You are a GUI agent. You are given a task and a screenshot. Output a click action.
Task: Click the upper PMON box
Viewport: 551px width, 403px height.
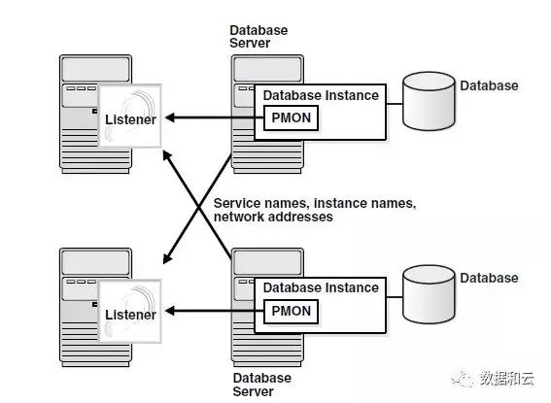tap(291, 118)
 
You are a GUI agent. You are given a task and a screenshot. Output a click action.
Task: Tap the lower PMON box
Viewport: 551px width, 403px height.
tap(291, 312)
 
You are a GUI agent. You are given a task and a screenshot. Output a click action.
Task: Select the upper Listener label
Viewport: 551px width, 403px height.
tap(130, 119)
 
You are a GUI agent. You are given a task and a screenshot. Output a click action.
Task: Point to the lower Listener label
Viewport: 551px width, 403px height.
tap(130, 315)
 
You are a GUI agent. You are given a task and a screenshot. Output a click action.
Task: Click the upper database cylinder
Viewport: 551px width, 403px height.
tap(429, 101)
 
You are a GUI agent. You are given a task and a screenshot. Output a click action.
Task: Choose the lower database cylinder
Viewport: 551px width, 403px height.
tap(429, 294)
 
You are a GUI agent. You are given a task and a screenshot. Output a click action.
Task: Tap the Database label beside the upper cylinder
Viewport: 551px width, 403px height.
tap(489, 85)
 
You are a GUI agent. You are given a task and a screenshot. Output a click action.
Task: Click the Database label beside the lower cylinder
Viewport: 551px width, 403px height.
tap(489, 278)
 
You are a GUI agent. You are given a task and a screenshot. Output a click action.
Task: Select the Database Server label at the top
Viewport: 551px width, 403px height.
tap(258, 37)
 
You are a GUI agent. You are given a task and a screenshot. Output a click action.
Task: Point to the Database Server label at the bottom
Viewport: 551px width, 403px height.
tap(262, 385)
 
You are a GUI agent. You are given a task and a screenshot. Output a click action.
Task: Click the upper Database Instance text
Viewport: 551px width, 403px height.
tap(321, 95)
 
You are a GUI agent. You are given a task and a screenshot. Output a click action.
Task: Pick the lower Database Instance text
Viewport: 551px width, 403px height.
tap(321, 287)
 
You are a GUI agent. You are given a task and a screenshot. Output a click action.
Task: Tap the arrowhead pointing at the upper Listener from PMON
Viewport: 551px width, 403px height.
tap(170, 118)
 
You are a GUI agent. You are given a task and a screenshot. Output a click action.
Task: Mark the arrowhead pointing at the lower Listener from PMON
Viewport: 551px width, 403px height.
tap(170, 311)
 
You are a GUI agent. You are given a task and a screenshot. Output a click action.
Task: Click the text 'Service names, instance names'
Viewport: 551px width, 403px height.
tap(315, 204)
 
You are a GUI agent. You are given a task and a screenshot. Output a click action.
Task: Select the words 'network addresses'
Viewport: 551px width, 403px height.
tap(273, 217)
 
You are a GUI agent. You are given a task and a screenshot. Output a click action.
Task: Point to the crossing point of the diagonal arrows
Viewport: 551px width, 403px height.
tap(199, 208)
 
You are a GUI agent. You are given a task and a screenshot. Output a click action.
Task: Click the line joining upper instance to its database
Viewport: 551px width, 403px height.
tap(395, 104)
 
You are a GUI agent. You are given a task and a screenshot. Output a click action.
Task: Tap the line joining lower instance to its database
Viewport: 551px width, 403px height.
tap(395, 297)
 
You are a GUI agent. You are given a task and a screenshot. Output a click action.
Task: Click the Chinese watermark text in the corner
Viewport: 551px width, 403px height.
tap(506, 379)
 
